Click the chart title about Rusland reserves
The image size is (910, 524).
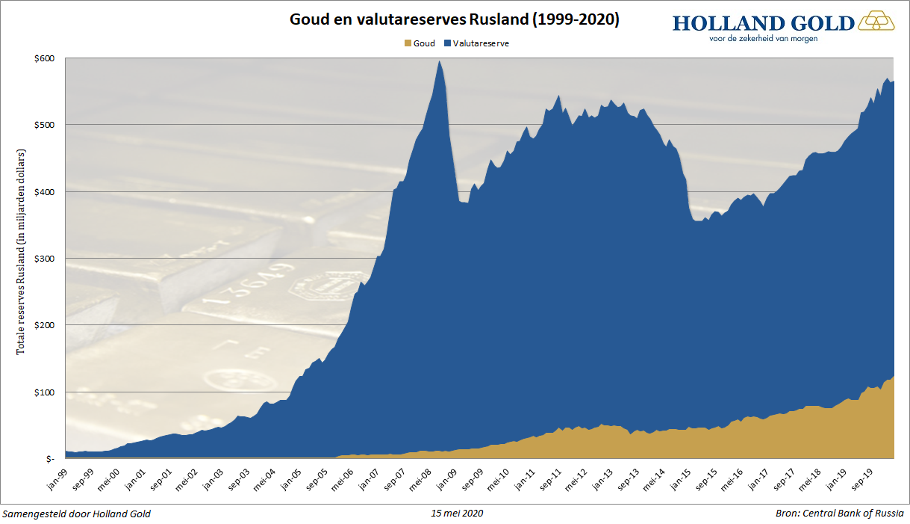(454, 19)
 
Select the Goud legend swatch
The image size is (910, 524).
(407, 43)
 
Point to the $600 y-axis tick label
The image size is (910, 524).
(43, 58)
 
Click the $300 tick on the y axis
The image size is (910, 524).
(43, 259)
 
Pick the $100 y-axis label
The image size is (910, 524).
(43, 392)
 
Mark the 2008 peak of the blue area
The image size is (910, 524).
(440, 62)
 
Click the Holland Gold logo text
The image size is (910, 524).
(763, 23)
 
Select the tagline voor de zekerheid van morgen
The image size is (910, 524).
(763, 39)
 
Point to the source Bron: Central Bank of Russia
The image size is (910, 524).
(839, 514)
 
